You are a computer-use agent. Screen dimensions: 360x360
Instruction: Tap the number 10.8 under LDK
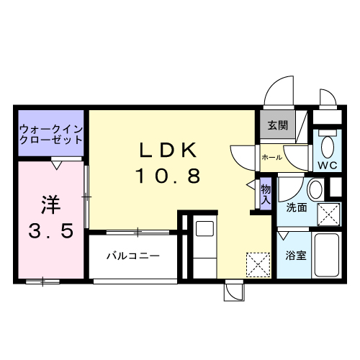tap(168, 175)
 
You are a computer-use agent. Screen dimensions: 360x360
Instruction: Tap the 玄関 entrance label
tap(278, 125)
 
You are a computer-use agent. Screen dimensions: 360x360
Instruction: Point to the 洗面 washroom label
tap(297, 208)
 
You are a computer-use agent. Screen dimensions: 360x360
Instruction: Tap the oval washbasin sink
tap(315, 190)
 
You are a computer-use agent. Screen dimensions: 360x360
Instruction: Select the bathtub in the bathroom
tap(328, 255)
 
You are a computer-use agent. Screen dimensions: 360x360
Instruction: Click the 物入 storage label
tap(266, 194)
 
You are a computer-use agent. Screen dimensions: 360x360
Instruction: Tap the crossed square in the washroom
tap(329, 215)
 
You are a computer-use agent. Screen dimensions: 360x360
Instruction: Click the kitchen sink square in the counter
tap(202, 229)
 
